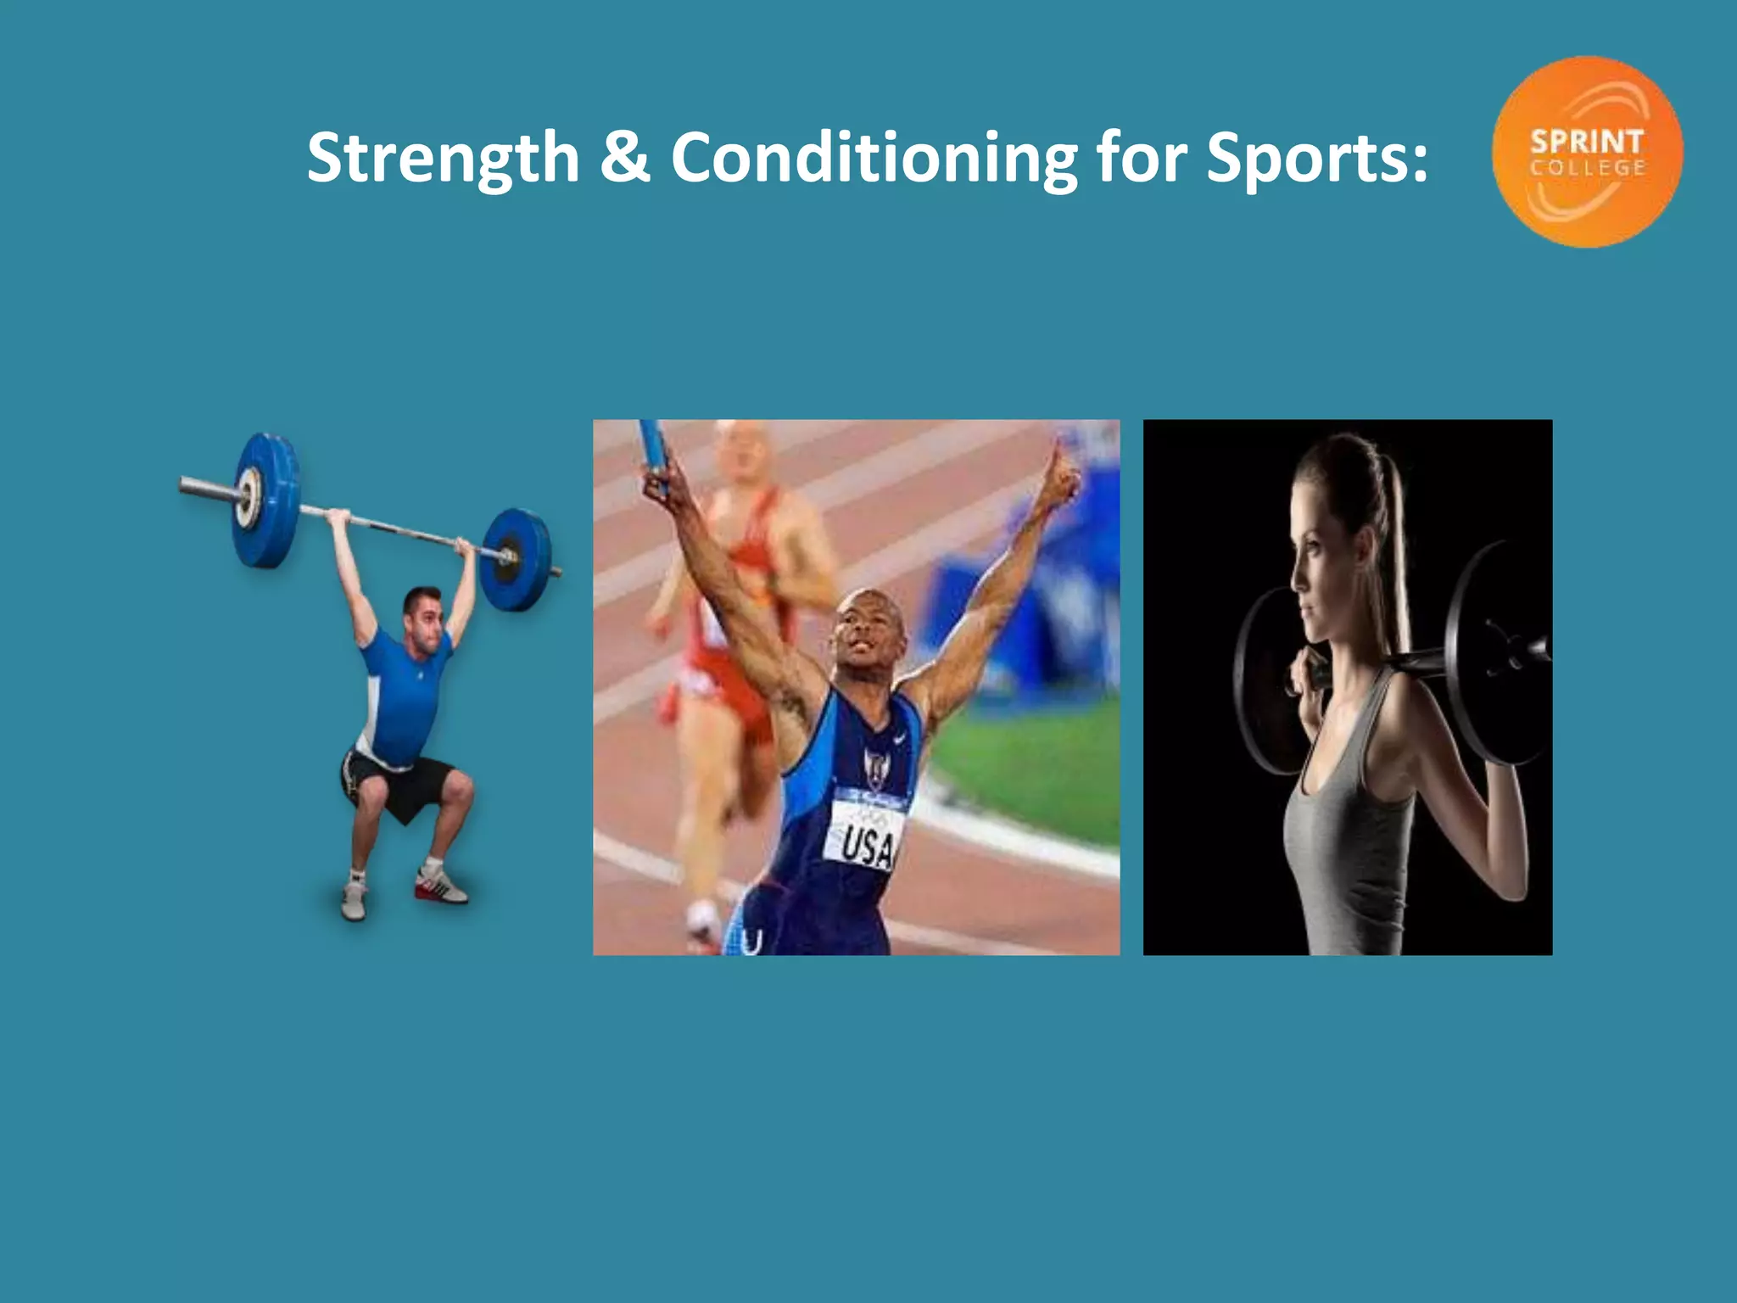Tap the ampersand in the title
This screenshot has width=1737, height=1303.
click(624, 158)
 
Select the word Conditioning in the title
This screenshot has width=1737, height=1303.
click(874, 158)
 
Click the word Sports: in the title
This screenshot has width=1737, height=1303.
click(1317, 158)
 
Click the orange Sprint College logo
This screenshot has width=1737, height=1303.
click(1587, 152)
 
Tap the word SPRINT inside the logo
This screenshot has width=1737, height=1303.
click(1587, 141)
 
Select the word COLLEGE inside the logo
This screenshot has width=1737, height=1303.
click(1588, 168)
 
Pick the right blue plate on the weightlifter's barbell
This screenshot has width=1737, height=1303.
click(517, 559)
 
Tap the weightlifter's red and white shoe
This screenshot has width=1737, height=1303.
click(442, 885)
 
